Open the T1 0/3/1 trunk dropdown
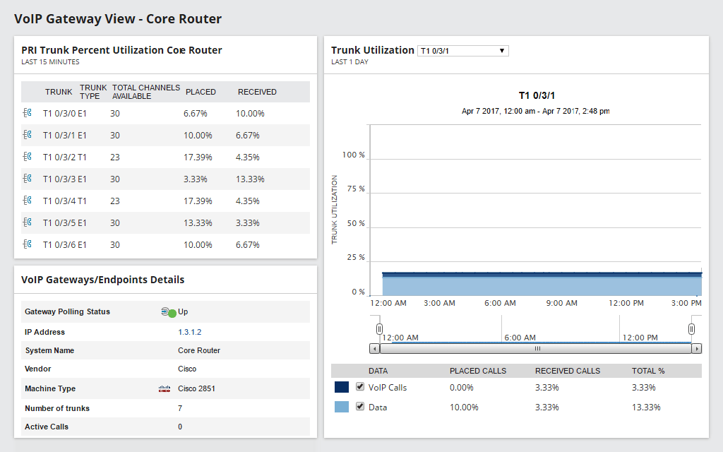(462, 51)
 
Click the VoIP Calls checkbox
(360, 387)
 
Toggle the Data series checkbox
(360, 407)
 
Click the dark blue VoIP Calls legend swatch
(342, 387)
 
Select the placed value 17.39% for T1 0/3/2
(198, 157)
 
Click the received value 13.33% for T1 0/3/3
(251, 179)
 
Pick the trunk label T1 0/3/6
(64, 245)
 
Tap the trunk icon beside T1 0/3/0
(28, 113)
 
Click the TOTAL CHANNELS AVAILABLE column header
(145, 92)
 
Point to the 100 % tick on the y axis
(353, 155)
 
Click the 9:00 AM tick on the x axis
(562, 303)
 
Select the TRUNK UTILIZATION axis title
(335, 210)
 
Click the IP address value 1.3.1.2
(190, 332)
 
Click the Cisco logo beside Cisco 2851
(165, 388)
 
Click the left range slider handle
(379, 329)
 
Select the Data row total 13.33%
(646, 408)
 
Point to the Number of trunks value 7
(180, 408)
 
